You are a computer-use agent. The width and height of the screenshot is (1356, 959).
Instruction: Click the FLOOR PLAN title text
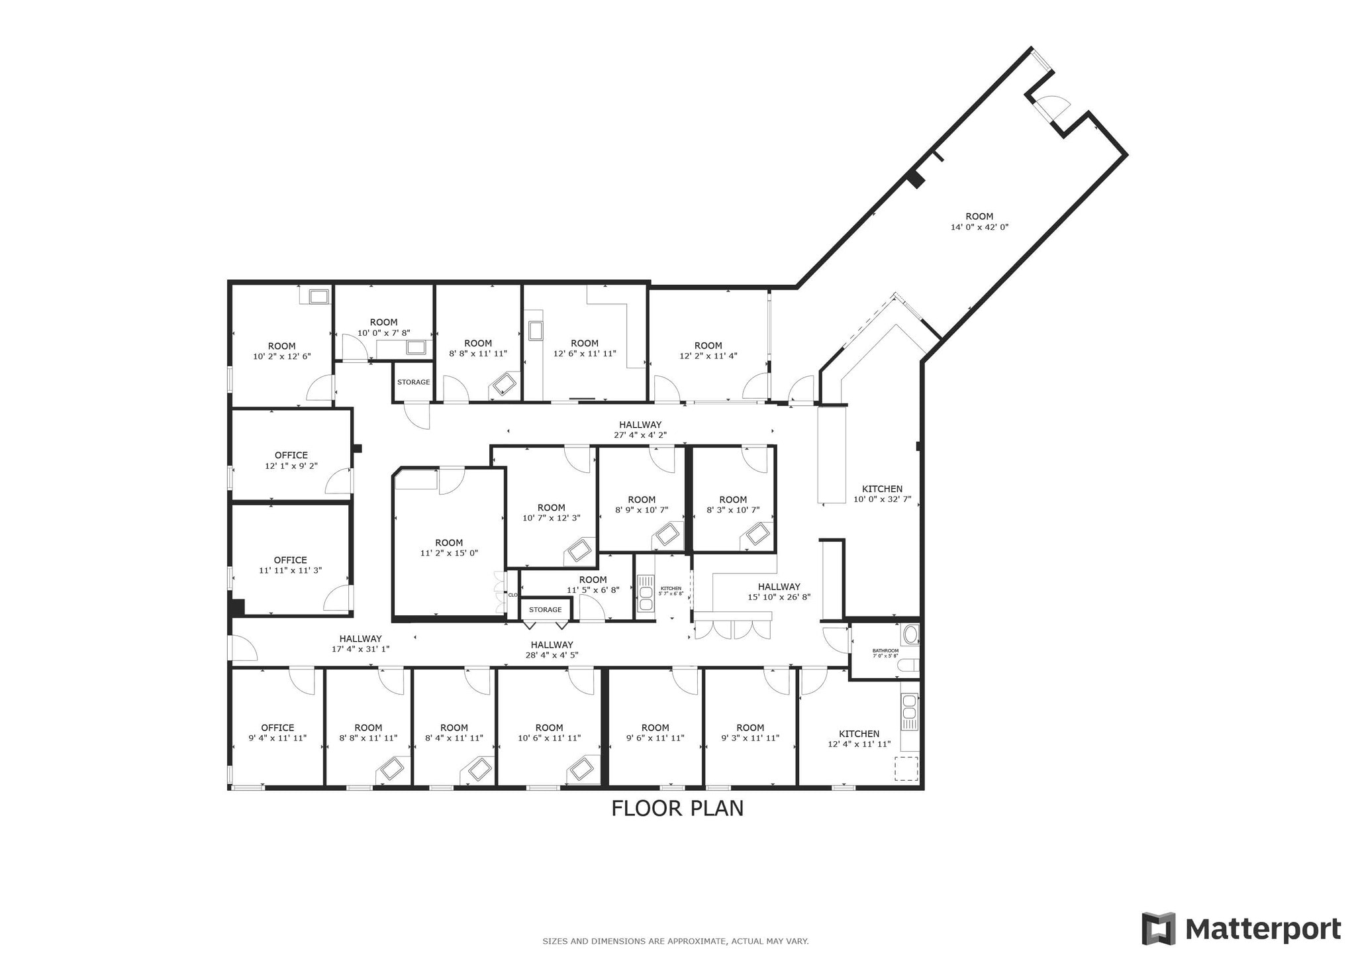click(677, 809)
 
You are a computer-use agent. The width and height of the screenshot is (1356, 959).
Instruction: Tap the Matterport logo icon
click(1158, 929)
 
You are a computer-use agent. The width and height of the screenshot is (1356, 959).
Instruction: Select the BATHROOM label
click(885, 650)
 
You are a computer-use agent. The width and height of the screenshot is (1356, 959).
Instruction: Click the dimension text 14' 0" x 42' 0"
click(979, 227)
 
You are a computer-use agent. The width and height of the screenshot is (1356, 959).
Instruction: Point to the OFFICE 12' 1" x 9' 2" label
click(291, 460)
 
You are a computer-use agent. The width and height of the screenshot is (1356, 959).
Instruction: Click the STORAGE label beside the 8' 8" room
click(413, 382)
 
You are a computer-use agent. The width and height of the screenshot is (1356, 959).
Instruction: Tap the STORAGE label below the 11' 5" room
click(545, 609)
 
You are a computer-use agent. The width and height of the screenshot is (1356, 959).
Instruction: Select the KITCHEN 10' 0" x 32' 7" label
click(882, 494)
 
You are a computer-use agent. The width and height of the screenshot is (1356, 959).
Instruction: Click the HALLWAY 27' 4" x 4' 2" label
click(640, 430)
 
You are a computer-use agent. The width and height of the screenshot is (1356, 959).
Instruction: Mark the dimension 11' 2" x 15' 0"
click(449, 553)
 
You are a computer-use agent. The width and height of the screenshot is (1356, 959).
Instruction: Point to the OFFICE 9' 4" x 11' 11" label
click(277, 732)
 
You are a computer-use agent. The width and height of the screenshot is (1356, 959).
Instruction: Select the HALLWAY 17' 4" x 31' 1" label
click(360, 644)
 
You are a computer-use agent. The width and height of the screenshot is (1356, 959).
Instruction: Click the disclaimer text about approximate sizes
click(675, 941)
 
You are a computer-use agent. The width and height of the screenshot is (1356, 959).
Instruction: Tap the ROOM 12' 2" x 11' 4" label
click(708, 350)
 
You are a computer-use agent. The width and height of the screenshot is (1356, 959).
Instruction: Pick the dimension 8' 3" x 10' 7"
click(732, 511)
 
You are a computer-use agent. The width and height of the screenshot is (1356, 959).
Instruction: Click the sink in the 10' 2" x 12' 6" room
click(318, 296)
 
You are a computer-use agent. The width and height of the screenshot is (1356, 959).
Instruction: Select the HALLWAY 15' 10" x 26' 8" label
click(779, 591)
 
